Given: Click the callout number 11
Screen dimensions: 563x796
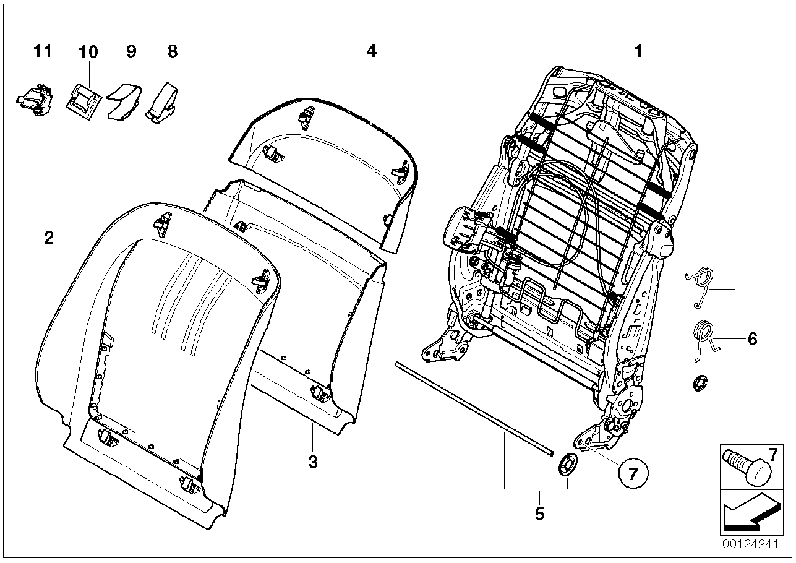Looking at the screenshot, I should tap(42, 51).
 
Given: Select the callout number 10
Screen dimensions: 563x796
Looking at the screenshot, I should tap(88, 52).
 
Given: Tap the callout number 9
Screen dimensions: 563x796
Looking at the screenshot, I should tap(131, 51).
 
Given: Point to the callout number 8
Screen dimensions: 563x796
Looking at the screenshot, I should tap(173, 51).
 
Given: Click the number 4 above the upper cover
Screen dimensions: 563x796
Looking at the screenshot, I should tap(371, 51).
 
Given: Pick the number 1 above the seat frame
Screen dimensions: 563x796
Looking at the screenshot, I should tap(638, 51).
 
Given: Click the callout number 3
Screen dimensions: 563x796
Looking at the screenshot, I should tap(313, 462).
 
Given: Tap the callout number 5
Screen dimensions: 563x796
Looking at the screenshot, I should tap(539, 514).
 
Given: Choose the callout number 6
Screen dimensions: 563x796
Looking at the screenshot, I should tap(752, 338).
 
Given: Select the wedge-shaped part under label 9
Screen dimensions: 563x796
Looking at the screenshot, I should tap(124, 99).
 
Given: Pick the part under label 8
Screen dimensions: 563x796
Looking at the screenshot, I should tap(163, 99).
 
